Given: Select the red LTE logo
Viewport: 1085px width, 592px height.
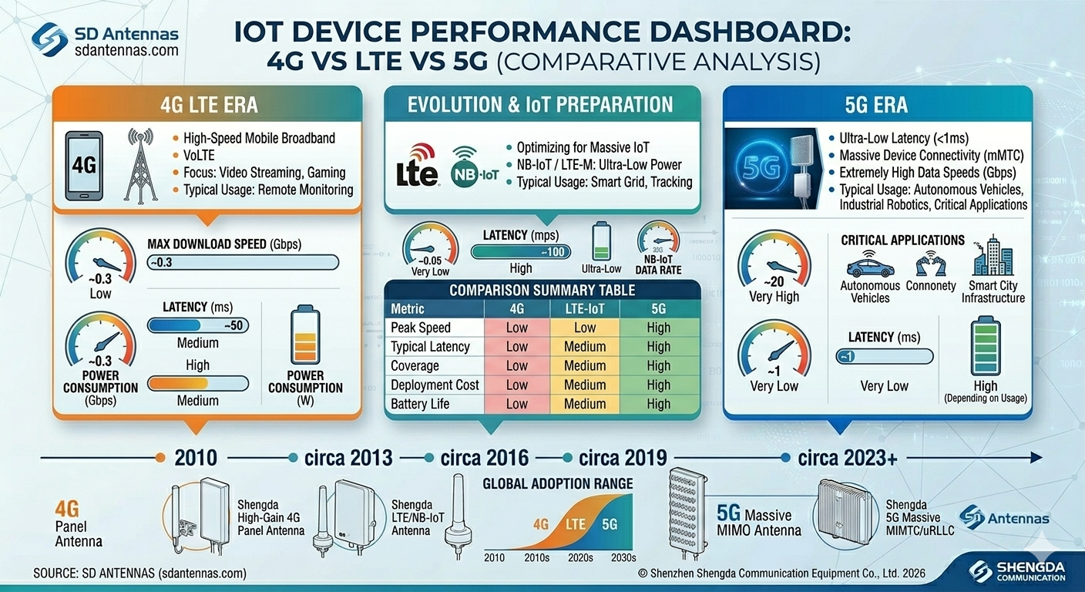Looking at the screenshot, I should (416, 164).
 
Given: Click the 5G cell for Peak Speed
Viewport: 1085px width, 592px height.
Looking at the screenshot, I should (658, 328).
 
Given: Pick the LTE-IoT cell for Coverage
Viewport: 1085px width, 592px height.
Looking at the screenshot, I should (584, 366).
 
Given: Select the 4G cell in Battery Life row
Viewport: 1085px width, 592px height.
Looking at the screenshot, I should (516, 404).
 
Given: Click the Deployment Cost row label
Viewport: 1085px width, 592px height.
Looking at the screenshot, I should (435, 385).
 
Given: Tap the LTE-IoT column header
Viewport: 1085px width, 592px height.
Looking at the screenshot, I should (584, 308).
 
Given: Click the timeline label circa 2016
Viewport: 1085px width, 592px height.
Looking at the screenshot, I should (485, 457).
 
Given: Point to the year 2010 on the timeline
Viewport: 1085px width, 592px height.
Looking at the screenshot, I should (195, 457).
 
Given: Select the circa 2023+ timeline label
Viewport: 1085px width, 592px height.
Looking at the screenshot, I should (847, 457).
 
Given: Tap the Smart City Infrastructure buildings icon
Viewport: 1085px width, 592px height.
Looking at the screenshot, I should (993, 257).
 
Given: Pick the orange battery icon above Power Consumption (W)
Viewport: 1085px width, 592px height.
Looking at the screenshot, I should (305, 335).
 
